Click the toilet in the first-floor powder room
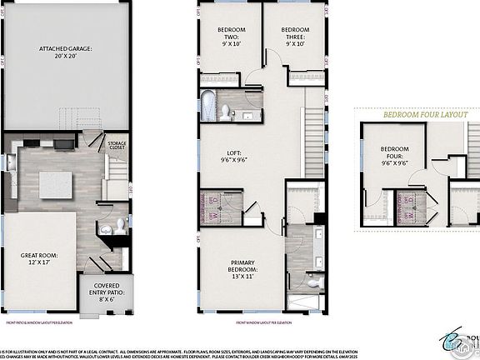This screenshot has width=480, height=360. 119,224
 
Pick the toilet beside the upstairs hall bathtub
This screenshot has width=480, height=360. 227,109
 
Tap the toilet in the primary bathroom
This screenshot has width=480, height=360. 312,282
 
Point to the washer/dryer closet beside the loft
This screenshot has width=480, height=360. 212,206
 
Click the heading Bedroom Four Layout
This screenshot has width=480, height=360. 421,117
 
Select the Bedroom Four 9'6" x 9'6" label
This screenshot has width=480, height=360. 395,155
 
